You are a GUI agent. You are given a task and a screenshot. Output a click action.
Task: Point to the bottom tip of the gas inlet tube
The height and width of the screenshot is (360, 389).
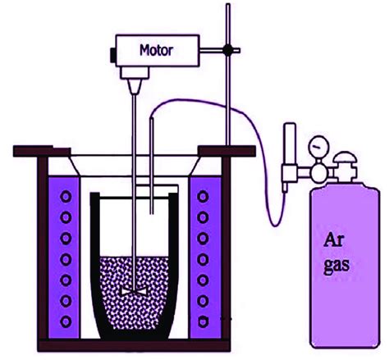click(153, 216)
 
